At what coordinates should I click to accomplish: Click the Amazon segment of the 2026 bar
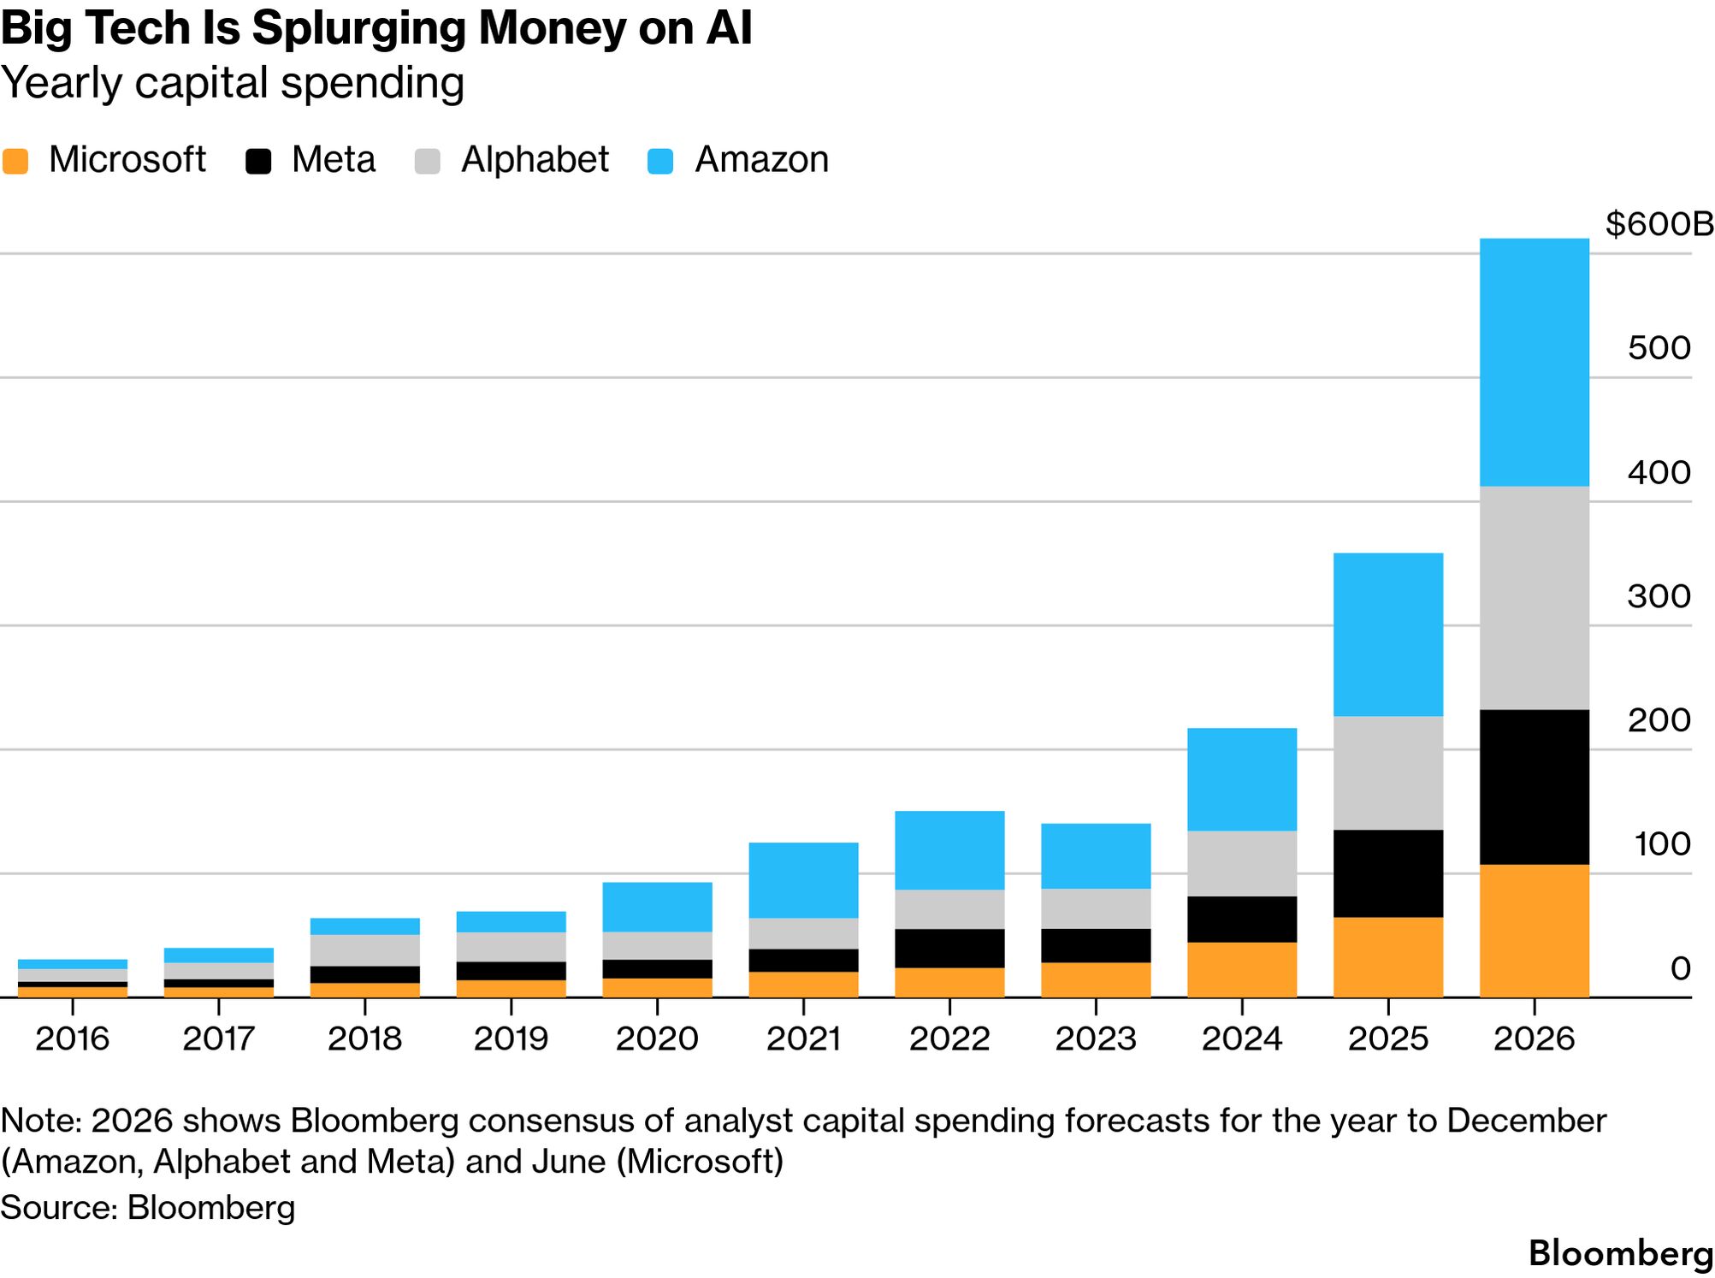click(1534, 362)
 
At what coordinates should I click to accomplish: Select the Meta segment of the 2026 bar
click(1534, 786)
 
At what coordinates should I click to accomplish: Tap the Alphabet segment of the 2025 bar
click(1387, 772)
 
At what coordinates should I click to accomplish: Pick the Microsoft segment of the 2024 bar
click(1241, 969)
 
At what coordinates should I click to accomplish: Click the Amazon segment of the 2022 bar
click(949, 849)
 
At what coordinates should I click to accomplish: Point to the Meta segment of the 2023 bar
click(1095, 945)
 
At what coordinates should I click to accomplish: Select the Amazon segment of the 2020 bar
click(657, 906)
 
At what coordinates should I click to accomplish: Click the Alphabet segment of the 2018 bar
click(364, 950)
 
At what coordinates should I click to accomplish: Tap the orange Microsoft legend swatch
click(15, 161)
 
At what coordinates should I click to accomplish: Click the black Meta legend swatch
click(258, 161)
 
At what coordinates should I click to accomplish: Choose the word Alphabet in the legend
click(535, 160)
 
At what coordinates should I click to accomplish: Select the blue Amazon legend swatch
click(660, 161)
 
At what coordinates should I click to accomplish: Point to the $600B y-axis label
click(1659, 224)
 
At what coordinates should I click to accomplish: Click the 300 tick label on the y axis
click(1659, 596)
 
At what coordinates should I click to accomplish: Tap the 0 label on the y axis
click(1680, 968)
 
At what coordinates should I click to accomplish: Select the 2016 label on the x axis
click(73, 1038)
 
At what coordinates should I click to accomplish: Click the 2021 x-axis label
click(803, 1038)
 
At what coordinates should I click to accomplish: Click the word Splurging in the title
click(358, 28)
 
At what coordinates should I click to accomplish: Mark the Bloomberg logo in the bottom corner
click(1620, 1253)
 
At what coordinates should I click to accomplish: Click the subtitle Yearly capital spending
click(233, 83)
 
